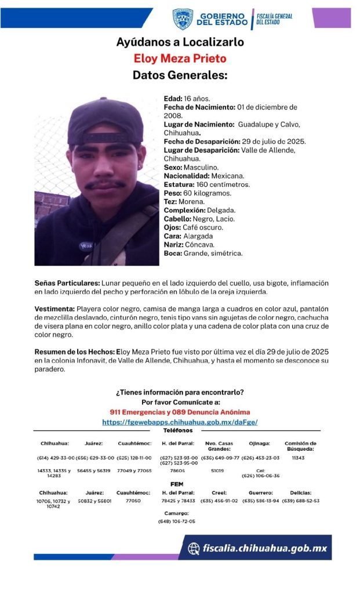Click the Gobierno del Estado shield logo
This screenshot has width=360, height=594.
coord(183,19)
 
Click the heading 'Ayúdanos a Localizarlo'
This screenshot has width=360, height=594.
coord(180,42)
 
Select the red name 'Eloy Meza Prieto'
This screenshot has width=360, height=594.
coord(180,59)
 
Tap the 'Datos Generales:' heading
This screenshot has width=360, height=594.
coord(180,75)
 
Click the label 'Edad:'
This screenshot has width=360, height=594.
coord(173,99)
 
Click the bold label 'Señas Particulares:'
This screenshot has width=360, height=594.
coord(67,283)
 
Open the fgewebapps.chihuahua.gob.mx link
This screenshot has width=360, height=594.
coord(180,422)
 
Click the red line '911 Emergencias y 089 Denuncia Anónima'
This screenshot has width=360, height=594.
coord(180,412)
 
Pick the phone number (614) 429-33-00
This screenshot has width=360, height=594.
coord(54,458)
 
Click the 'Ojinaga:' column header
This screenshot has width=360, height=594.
coord(260,443)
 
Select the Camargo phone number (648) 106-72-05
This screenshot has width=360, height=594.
coord(176,521)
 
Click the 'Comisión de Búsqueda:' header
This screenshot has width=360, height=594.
coord(300,445)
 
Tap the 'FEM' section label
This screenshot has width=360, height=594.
coord(177,484)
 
